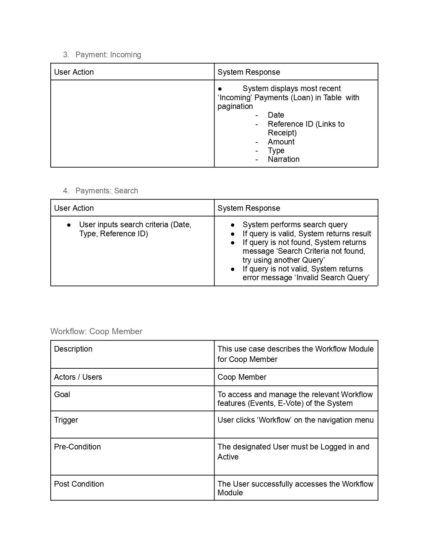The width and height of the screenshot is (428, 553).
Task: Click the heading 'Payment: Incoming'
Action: click(x=108, y=55)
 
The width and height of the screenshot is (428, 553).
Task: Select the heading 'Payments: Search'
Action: click(x=107, y=191)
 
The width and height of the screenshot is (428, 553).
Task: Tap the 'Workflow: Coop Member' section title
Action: click(x=96, y=331)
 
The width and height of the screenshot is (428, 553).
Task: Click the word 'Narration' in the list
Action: click(x=284, y=159)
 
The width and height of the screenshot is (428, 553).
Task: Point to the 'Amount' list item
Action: click(x=281, y=142)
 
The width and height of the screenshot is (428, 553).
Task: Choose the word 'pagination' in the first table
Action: click(x=235, y=106)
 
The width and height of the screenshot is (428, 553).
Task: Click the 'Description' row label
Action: click(x=73, y=349)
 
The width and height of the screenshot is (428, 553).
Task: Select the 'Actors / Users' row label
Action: click(x=78, y=377)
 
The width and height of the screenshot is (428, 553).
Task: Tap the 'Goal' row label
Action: click(x=62, y=394)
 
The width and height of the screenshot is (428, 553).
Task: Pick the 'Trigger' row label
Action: click(x=66, y=420)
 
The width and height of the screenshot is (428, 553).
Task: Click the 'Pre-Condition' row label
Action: click(x=78, y=447)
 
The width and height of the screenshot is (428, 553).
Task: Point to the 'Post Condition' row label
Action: click(x=79, y=484)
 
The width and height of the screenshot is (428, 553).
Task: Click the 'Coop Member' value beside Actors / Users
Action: click(x=242, y=377)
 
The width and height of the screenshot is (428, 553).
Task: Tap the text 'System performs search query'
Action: click(x=295, y=225)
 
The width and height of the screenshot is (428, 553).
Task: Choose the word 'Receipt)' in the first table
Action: click(x=282, y=133)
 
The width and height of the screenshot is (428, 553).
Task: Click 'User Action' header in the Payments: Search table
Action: click(x=74, y=208)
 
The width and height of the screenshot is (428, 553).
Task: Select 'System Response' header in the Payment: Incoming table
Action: click(x=249, y=72)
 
